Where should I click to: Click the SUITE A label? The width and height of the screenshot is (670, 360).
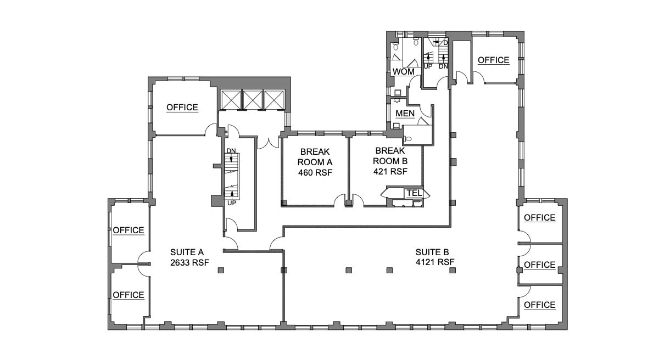[187, 252]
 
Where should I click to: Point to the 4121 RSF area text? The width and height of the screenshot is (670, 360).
[436, 262]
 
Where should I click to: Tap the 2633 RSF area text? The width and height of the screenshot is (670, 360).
[187, 262]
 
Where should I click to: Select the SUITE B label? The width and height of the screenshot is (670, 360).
[436, 252]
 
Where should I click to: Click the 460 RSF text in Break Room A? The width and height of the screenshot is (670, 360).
[315, 172]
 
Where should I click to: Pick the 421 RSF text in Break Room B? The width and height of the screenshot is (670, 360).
[390, 171]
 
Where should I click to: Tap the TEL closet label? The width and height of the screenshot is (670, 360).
[414, 193]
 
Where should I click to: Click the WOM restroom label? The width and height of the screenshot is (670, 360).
[403, 72]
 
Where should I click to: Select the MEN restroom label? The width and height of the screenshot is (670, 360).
[405, 113]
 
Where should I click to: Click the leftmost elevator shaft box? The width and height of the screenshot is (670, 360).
[231, 100]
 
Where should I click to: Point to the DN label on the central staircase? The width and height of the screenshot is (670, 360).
[231, 151]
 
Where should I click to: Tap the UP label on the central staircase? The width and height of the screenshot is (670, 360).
[232, 203]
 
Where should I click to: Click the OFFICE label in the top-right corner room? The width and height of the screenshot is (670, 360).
[493, 60]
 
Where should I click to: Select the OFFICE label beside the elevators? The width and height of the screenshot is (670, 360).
[182, 108]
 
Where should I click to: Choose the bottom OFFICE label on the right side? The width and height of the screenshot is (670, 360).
[539, 305]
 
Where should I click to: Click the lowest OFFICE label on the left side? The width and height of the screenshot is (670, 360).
[129, 295]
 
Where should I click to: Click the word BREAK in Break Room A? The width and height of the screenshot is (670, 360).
[314, 151]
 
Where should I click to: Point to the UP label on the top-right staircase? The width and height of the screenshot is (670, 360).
[428, 66]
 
